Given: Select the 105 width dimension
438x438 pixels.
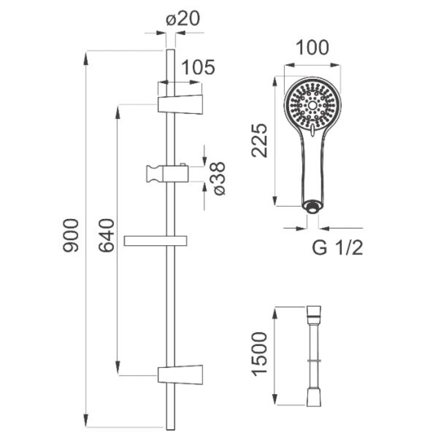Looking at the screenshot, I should [198, 67].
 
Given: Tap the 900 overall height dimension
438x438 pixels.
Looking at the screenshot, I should [71, 235].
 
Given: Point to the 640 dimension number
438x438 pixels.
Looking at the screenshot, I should [107, 235].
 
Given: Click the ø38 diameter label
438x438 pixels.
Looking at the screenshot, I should [219, 178].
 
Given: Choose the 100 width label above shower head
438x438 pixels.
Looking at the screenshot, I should [312, 48].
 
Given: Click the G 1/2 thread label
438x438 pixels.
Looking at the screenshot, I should [337, 248].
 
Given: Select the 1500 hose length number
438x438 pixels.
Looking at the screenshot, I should [260, 354].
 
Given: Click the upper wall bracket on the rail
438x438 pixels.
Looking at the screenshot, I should [180, 104].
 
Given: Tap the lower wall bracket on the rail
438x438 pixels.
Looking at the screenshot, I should [180, 375].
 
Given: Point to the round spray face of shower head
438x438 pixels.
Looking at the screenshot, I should [312, 105].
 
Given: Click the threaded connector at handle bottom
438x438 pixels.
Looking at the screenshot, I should [312, 207].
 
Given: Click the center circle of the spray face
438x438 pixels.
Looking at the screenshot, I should [312, 105].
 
